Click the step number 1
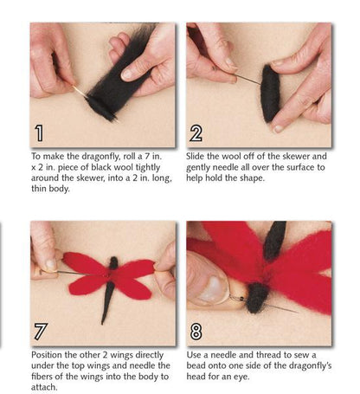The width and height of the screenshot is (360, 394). tap(40, 133)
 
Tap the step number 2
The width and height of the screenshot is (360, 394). tap(196, 133)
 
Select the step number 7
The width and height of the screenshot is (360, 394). tap(40, 332)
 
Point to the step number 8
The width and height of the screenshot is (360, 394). tap(196, 332)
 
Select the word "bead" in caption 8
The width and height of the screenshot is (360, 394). tap(196, 365)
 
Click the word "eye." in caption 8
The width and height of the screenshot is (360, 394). tap(240, 377)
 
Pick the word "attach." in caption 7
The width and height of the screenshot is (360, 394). tap(44, 387)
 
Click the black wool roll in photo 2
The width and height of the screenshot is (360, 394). tap(271, 93)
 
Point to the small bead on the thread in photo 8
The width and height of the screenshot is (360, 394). tap(244, 298)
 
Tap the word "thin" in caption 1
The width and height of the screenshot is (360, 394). tap(39, 189)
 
